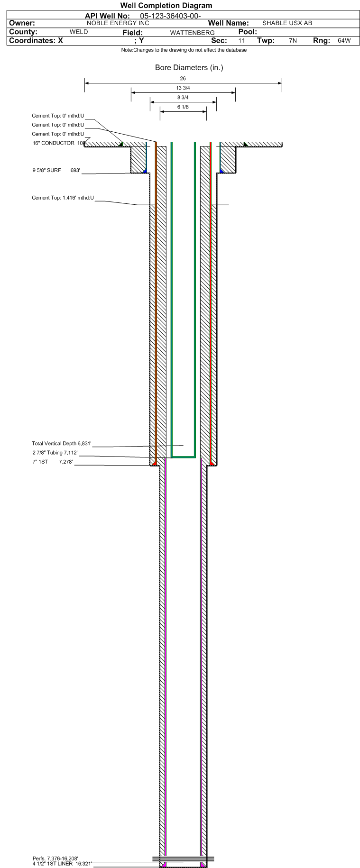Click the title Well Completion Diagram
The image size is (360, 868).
pos(166,6)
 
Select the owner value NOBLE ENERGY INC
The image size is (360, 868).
pos(118,23)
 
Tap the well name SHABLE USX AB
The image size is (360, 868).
pos(287,23)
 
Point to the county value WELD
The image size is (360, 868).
pos(79,32)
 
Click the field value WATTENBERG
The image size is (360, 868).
pos(192,33)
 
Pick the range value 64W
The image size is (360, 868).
pos(344,41)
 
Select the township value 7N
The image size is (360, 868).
pos(293,41)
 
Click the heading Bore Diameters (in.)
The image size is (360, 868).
pos(189,68)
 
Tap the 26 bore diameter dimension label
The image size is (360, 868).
pos(183,79)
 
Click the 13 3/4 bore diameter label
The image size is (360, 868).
pos(183,88)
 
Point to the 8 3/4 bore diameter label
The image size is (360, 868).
pos(183,98)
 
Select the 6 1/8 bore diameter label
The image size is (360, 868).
pos(183,107)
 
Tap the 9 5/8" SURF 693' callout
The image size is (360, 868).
pos(56,170)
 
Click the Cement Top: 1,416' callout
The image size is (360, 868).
pos(63,198)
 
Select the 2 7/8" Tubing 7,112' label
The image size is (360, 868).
pos(55,453)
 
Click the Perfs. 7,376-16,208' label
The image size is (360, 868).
pos(55,859)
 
